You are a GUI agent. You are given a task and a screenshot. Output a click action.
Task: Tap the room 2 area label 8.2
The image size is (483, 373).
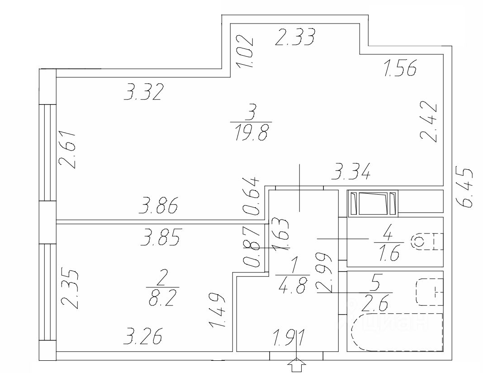(x=162, y=298)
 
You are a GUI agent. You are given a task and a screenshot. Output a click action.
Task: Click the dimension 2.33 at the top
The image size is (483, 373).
(x=295, y=38)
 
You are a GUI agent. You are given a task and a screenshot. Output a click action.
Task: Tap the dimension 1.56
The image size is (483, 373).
(x=400, y=68)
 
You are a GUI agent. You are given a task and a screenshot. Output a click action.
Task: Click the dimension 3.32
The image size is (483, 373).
(x=143, y=92)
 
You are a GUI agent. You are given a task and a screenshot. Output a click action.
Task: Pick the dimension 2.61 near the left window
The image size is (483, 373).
(x=69, y=150)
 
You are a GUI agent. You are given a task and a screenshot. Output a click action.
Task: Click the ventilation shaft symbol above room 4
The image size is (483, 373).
(x=373, y=203)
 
